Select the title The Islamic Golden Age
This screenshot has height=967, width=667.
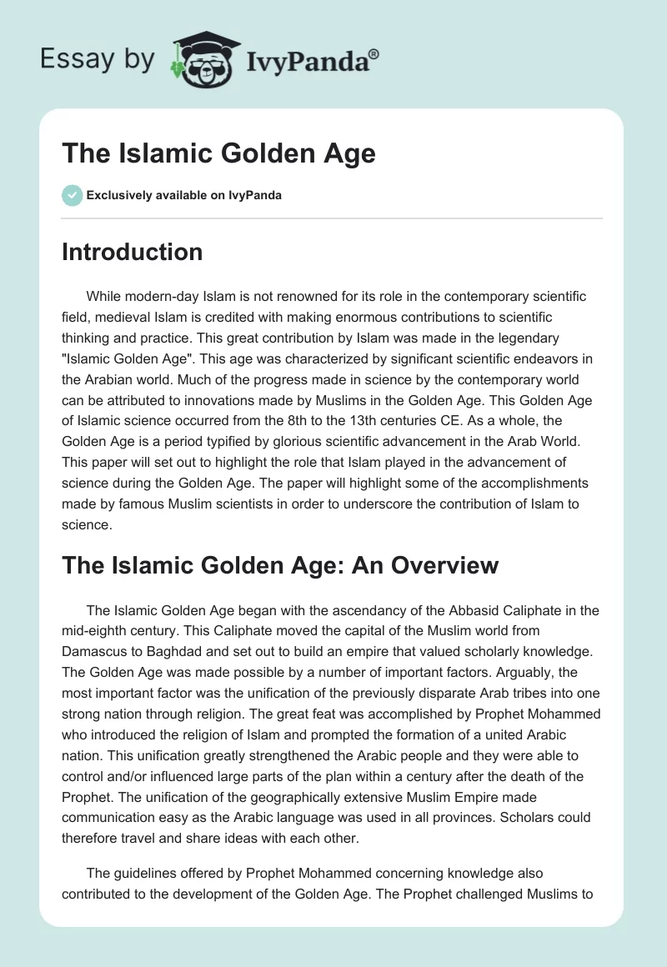[x=218, y=153]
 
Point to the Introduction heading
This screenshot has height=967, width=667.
[x=132, y=252]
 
